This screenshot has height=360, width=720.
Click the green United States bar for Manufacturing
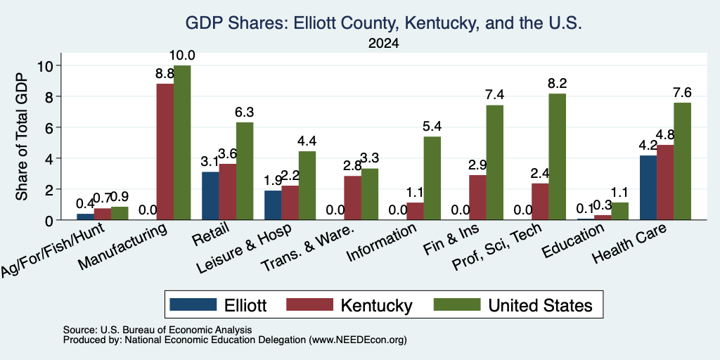click(182, 143)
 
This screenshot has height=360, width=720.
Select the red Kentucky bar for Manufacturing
click(165, 152)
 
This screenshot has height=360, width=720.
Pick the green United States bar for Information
click(432, 178)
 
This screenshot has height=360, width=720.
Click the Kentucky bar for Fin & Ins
click(478, 198)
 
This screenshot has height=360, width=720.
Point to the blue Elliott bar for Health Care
click(648, 187)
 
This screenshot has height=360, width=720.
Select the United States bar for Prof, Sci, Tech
click(558, 157)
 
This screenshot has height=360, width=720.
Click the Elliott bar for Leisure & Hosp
click(273, 205)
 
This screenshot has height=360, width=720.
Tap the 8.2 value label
click(557, 84)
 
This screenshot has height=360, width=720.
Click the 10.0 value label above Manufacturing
click(182, 56)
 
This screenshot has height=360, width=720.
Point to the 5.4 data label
click(432, 127)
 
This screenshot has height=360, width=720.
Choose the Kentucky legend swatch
click(309, 304)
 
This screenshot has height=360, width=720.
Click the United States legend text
click(541, 305)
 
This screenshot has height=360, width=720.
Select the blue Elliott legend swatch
click(193, 304)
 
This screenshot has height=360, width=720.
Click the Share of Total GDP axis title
click(22, 136)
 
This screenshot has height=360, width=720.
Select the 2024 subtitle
click(383, 44)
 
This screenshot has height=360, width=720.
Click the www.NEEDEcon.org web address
click(358, 340)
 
